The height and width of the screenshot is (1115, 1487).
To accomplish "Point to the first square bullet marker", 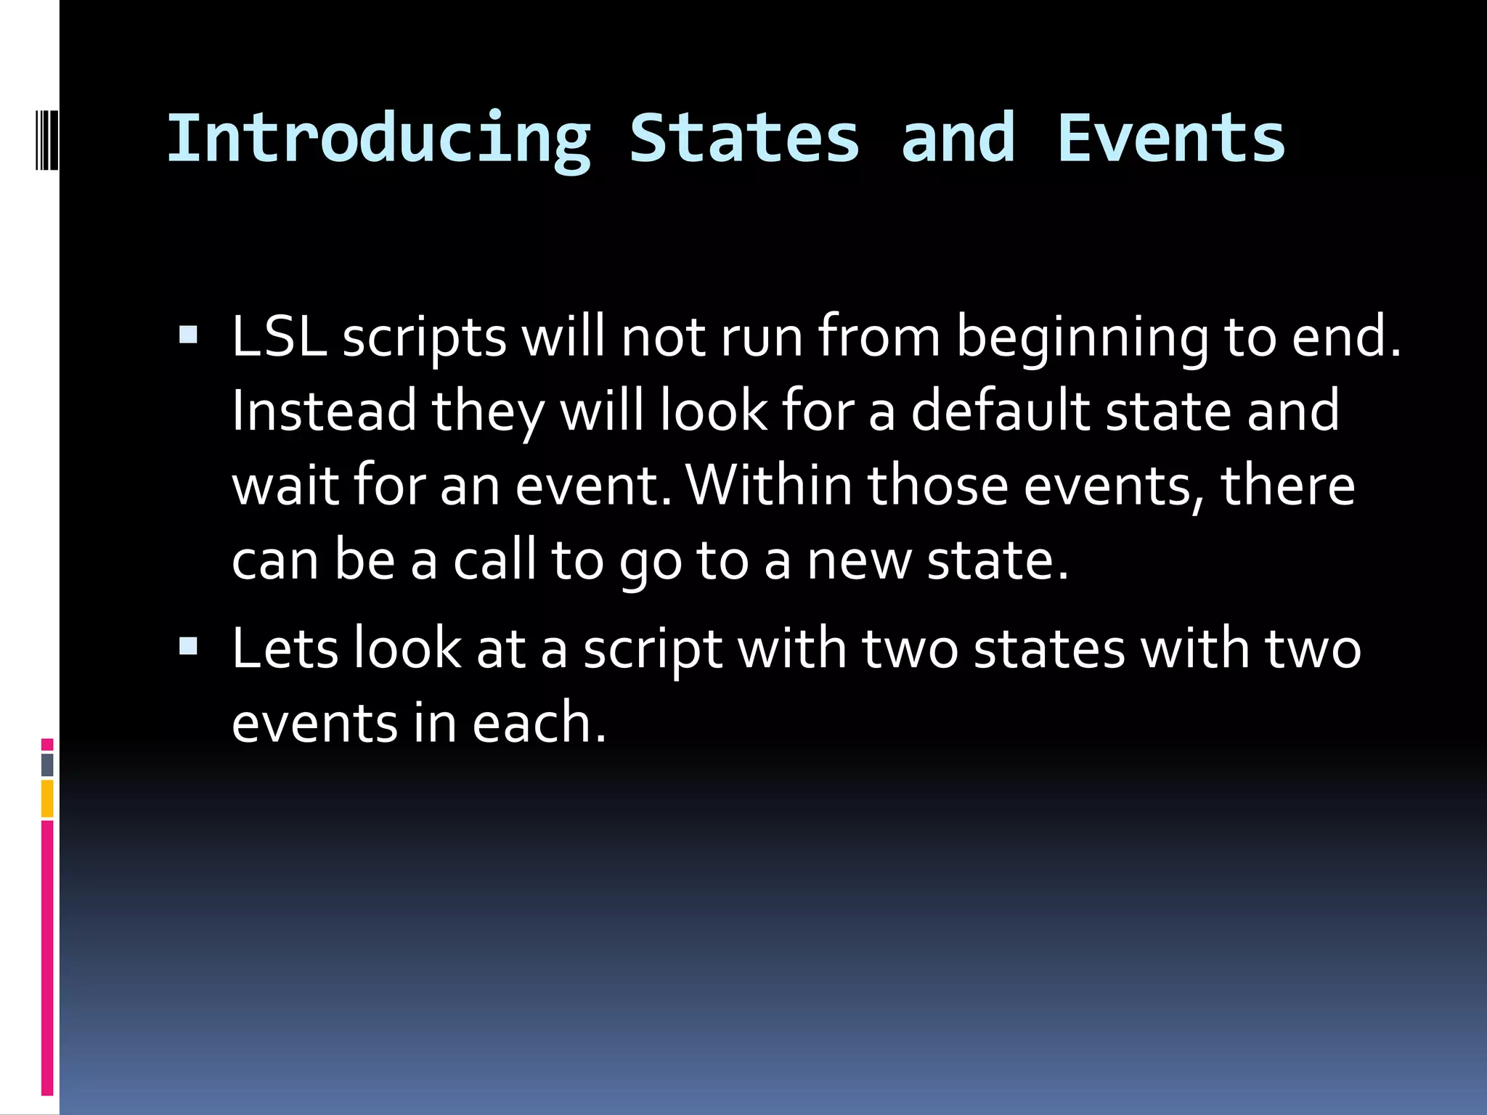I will pyautogui.click(x=188, y=335).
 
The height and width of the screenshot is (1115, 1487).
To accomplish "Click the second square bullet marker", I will pyautogui.click(x=188, y=645).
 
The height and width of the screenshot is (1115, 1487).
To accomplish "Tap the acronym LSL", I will pyautogui.click(x=279, y=337).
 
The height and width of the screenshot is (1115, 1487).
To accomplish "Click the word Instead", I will pyautogui.click(x=324, y=411).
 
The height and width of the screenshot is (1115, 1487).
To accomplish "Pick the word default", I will pyautogui.click(x=1001, y=411).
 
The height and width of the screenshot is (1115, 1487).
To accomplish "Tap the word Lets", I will pyautogui.click(x=285, y=648).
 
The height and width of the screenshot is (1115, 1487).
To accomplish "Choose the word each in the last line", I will pyautogui.click(x=538, y=723).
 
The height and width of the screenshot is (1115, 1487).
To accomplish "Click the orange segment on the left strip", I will pyautogui.click(x=47, y=799).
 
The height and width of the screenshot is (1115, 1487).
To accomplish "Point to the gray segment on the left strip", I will pyautogui.click(x=47, y=764).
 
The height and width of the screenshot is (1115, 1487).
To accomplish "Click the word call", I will pyautogui.click(x=494, y=560).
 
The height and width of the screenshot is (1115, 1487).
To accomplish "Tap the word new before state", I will pyautogui.click(x=859, y=561).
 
